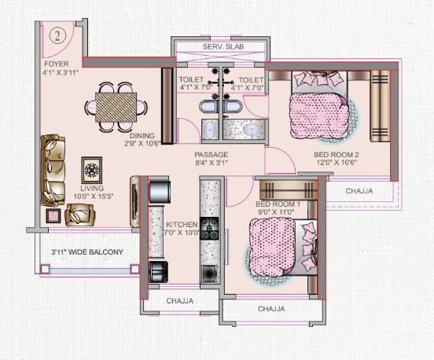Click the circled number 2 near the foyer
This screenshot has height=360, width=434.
(57, 35)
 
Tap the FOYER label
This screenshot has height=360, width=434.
(56, 64)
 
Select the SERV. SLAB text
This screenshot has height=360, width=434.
(223, 48)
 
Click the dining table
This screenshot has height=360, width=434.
(116, 104)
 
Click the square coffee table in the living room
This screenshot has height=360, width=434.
(92, 169)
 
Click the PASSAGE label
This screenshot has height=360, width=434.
(211, 155)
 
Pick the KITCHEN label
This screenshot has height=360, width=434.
(182, 225)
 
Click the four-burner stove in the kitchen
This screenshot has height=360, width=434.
(211, 228)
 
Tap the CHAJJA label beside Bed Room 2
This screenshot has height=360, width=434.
(359, 190)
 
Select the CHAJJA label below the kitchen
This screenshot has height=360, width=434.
(179, 301)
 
